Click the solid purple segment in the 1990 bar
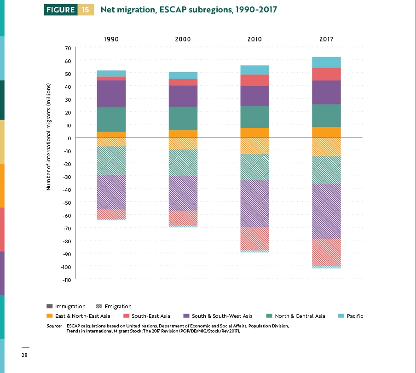pos(111,93)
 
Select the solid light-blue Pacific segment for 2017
pos(326,62)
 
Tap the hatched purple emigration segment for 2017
pos(326,211)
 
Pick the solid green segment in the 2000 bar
pos(183,118)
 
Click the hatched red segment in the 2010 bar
pos(254,239)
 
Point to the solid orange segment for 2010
pos(254,132)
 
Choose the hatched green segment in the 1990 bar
pos(111,161)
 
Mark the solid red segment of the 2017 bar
pos(326,74)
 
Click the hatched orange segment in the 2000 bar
pos(183,143)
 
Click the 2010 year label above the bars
pos(254,39)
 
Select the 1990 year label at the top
pos(111,39)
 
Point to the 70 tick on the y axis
pos(68,48)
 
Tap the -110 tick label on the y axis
pos(67,280)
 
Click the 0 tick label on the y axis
pos(69,138)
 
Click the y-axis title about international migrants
pos(48,137)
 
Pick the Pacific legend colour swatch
pos(341,316)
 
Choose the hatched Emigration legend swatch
pos(99,306)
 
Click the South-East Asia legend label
pos(150,316)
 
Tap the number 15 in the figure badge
pos(86,10)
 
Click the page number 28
pos(24,355)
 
